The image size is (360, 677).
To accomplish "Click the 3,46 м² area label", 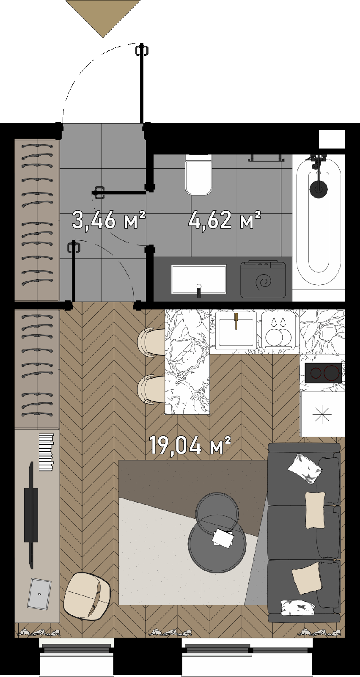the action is tap(109, 220).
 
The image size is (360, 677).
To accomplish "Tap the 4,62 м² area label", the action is tap(224, 219).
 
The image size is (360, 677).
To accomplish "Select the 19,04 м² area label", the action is tap(190, 445).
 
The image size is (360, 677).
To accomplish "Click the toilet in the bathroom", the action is tap(198, 174).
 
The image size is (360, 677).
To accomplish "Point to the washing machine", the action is tap(263, 280).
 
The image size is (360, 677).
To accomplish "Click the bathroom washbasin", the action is tap(198, 279).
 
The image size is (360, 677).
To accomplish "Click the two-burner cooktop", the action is tap(323, 373).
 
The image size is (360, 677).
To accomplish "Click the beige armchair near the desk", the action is tap(87, 595).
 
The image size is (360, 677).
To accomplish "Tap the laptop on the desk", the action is tap(40, 594).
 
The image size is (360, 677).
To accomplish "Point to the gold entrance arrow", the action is tap(103, 19).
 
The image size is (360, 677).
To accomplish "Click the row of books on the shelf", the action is tap(46, 452).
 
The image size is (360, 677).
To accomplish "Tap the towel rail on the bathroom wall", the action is tap(266, 158).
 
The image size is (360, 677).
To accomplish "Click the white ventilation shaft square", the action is tap(332, 139).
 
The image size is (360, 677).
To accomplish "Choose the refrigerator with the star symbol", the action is tap(322, 414).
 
